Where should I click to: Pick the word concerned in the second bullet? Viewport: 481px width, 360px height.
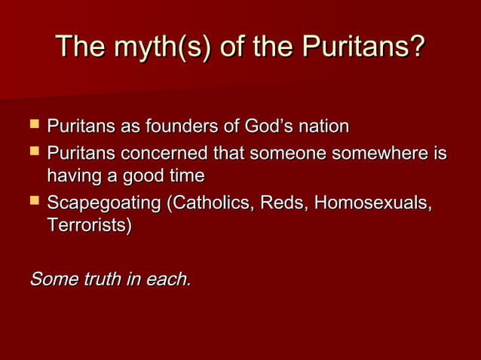tap(161, 154)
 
